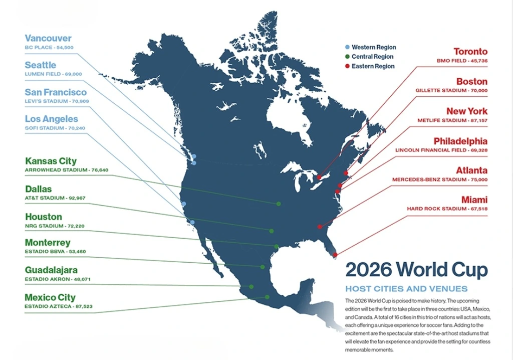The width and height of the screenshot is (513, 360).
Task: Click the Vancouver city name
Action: tap(48, 39)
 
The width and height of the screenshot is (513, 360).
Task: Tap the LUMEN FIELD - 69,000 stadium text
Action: tap(53, 74)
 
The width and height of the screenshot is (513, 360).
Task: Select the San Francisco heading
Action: tap(56, 92)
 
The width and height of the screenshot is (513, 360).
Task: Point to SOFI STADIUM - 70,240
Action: tap(55, 128)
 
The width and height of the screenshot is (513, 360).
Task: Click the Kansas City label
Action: tap(51, 161)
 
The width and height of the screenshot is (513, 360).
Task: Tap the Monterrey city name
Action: tap(48, 243)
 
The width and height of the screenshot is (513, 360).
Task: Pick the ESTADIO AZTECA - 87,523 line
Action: tap(59, 306)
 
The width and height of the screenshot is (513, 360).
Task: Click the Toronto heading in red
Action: tap(470, 52)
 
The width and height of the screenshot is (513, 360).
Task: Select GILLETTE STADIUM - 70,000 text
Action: tap(451, 91)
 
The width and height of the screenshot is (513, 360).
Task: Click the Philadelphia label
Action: tap(460, 141)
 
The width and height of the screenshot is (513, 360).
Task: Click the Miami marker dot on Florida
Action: tap(335, 255)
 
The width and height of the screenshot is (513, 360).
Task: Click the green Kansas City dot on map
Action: tap(279, 204)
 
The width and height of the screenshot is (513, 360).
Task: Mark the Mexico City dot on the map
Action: tap(267, 297)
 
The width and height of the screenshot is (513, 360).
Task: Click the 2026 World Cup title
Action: tap(416, 270)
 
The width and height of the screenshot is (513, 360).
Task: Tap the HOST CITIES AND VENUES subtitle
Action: tap(406, 289)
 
